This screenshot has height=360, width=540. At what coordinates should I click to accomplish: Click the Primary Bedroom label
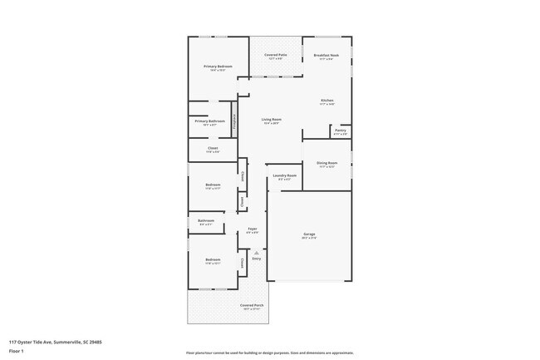(218, 67)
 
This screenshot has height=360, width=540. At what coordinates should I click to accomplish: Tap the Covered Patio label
(275, 55)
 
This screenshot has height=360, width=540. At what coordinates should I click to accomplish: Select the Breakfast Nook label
(326, 55)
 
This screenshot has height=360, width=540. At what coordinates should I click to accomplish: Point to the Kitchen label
(327, 101)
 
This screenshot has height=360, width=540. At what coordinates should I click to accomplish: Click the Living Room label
(272, 120)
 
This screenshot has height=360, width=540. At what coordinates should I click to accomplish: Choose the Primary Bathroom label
(209, 121)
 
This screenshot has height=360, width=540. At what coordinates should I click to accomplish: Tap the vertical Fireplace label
(235, 121)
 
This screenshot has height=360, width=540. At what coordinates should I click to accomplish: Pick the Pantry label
(341, 130)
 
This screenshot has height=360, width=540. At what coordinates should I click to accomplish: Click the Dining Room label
(326, 163)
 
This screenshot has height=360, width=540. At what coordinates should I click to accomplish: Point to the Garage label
(309, 234)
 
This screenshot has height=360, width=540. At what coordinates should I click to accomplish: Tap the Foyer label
(252, 229)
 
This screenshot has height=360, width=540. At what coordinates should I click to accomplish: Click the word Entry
(257, 259)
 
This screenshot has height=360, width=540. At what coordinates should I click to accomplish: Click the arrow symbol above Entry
(257, 251)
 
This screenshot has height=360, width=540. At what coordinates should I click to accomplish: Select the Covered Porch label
(253, 305)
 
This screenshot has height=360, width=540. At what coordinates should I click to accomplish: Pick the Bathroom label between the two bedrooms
(206, 220)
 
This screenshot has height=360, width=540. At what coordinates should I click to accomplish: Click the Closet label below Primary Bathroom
(214, 148)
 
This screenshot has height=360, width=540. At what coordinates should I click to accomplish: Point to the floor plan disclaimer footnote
(269, 353)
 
